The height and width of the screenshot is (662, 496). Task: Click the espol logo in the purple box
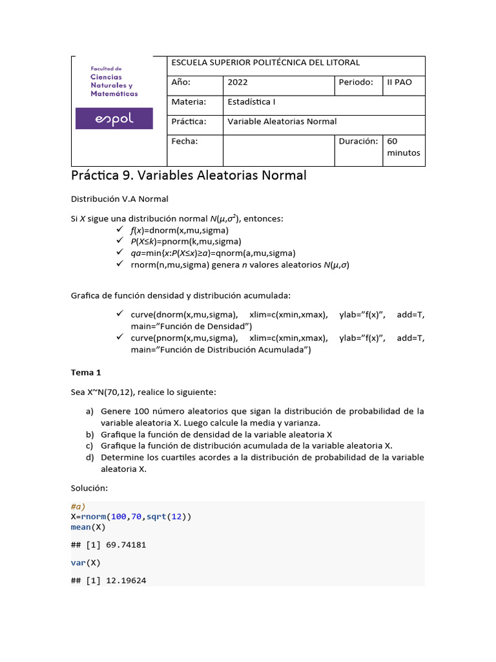point(114,119)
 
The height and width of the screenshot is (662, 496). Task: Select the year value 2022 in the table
point(238,83)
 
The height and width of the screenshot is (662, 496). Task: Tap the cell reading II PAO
point(398,83)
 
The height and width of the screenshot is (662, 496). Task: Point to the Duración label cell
point(358,141)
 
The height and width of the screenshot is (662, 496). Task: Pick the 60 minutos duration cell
point(403,147)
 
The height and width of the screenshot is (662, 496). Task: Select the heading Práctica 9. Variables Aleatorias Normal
point(188,176)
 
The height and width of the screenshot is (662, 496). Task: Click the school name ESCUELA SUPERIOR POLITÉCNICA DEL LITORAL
point(265,63)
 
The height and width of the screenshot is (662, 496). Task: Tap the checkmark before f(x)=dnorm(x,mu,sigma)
point(119,230)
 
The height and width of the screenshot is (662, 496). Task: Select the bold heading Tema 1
point(86,373)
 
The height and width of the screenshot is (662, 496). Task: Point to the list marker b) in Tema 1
point(89,434)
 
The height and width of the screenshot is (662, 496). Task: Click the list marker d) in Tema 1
point(89,458)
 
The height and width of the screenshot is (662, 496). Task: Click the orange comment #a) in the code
point(78,507)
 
